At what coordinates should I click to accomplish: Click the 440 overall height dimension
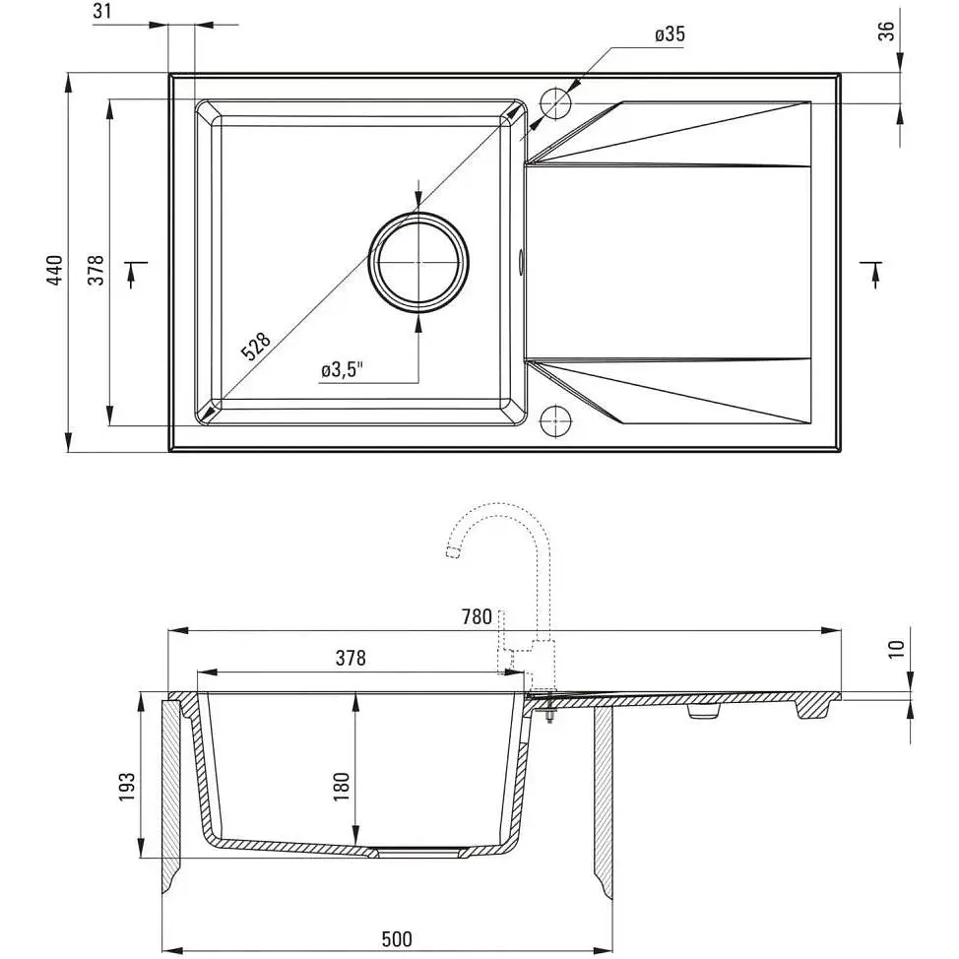tap(55, 271)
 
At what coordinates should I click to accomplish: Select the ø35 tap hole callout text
tap(670, 34)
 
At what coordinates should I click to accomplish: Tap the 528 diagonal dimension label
tap(256, 347)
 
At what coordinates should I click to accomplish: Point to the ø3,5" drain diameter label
tap(343, 369)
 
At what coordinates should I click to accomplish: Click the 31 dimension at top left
tap(102, 11)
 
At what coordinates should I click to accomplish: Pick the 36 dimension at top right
tap(886, 31)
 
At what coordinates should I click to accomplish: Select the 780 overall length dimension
tap(478, 616)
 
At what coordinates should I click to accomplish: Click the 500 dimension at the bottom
tap(397, 939)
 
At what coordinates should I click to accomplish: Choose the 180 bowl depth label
tap(342, 787)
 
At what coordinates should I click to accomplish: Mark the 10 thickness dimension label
tap(896, 649)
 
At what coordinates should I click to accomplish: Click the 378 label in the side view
tap(351, 658)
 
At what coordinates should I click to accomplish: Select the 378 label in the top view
tap(96, 271)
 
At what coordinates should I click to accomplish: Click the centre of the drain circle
tap(419, 262)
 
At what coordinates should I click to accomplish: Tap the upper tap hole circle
tap(555, 103)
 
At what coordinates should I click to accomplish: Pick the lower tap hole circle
tap(555, 421)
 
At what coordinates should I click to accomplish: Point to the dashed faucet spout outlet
tap(453, 552)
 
